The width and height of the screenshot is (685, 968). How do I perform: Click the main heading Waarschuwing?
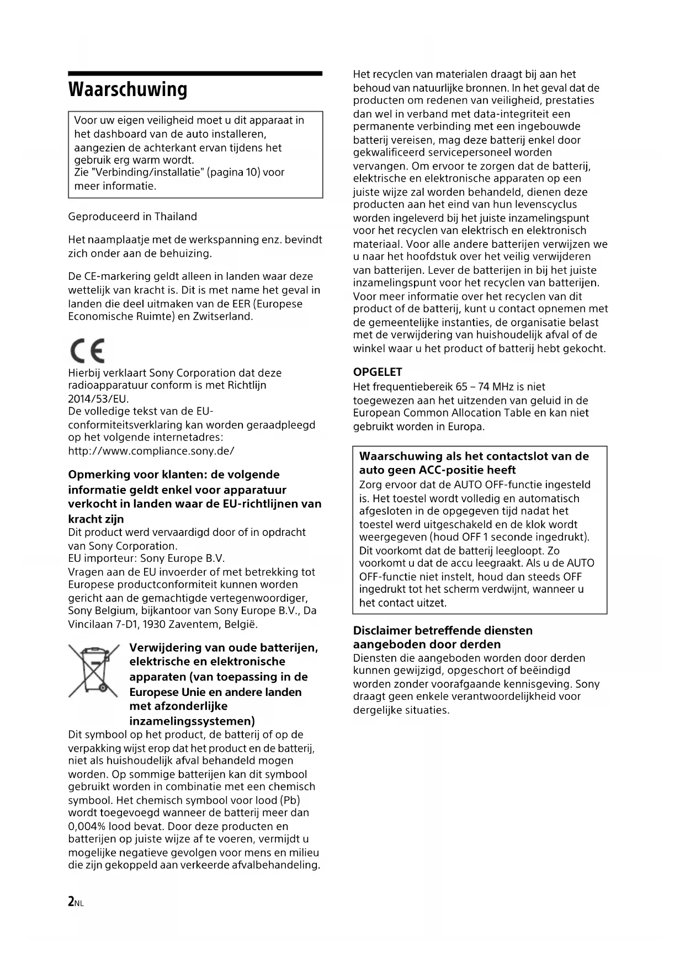pyautogui.click(x=128, y=89)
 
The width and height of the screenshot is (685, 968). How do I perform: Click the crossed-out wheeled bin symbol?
pyautogui.click(x=94, y=670)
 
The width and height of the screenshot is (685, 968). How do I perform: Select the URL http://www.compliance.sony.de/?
pyautogui.click(x=151, y=451)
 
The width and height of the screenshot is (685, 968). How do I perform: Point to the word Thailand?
pyautogui.click(x=176, y=216)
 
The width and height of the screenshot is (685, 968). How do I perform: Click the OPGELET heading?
pyautogui.click(x=378, y=372)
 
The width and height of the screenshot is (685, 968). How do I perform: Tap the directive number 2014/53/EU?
pyautogui.click(x=98, y=398)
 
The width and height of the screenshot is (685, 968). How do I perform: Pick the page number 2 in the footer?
pyautogui.click(x=71, y=901)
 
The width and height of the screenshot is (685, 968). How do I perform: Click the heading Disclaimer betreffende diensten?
pyautogui.click(x=443, y=630)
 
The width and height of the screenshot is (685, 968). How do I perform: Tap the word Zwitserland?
pyautogui.click(x=222, y=316)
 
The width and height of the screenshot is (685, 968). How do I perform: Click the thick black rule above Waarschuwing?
pyautogui.click(x=195, y=73)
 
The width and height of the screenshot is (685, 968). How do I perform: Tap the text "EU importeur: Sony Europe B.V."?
pyautogui.click(x=146, y=558)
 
